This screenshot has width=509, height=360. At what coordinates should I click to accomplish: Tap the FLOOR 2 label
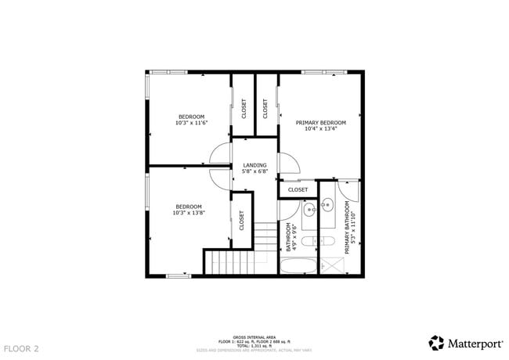click(21, 347)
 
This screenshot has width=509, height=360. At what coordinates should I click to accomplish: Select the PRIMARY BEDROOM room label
click(320, 123)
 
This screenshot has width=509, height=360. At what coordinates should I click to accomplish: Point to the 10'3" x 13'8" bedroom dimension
click(189, 212)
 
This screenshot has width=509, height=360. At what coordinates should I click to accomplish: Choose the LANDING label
click(254, 165)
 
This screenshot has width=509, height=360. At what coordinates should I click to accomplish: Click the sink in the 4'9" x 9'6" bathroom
click(309, 209)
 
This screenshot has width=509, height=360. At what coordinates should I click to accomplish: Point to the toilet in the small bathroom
click(308, 239)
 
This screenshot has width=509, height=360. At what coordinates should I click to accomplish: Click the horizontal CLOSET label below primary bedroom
click(298, 189)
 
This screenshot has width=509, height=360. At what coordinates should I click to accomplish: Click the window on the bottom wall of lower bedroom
click(178, 275)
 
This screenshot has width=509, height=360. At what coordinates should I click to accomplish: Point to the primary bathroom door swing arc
click(350, 190)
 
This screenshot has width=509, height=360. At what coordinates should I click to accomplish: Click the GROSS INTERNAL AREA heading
click(254, 336)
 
